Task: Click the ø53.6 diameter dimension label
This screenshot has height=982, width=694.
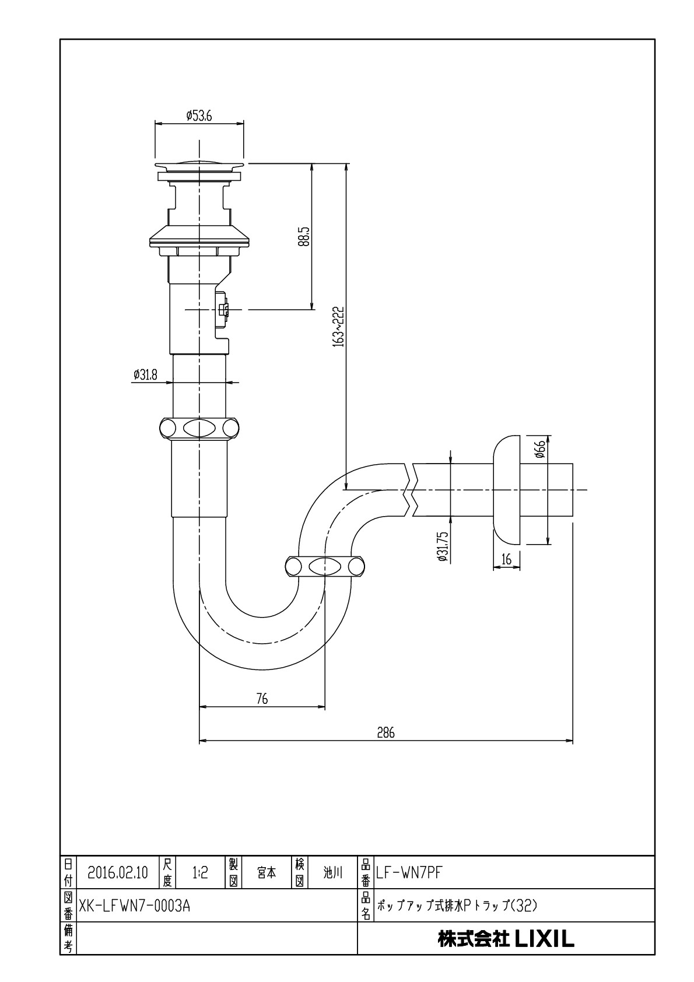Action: point(199,116)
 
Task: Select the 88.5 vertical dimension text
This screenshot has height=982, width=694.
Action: point(303,237)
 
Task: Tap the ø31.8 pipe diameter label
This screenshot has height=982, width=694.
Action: point(145,375)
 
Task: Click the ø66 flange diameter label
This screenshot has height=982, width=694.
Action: point(540,449)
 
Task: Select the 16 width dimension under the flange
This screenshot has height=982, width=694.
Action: point(506,560)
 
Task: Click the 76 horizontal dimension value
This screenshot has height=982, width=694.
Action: point(262,699)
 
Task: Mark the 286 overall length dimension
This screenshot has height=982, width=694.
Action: point(385,733)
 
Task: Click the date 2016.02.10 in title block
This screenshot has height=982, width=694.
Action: point(118,873)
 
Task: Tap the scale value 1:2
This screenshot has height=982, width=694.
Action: point(200,873)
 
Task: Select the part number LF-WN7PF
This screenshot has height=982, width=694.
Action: point(410,873)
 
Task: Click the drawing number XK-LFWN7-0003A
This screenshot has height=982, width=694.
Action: point(135,906)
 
